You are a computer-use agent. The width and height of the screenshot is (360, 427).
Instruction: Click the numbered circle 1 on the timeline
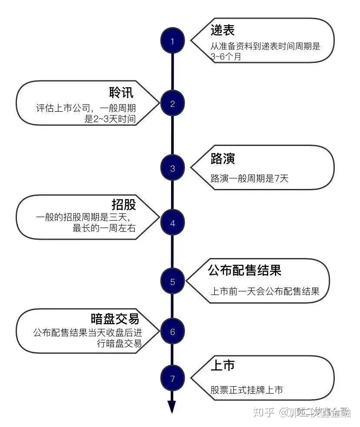[172, 42]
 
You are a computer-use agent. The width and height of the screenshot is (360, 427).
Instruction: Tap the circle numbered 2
[172, 104]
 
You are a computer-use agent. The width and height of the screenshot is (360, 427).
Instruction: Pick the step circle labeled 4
[172, 224]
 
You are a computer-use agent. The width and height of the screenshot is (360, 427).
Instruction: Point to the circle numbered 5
[172, 282]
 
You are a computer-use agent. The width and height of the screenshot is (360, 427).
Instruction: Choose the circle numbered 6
[172, 332]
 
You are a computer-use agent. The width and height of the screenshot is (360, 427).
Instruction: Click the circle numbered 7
[172, 378]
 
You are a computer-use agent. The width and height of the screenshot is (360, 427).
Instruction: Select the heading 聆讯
[121, 93]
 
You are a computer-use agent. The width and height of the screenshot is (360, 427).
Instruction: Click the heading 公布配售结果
[244, 270]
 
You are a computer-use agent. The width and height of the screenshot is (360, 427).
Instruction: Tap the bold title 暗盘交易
[115, 318]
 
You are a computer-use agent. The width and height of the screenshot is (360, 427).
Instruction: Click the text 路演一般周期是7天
[249, 178]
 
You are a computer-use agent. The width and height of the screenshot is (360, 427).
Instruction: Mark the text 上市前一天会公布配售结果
[265, 291]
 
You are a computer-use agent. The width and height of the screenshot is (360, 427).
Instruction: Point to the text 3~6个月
[225, 56]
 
